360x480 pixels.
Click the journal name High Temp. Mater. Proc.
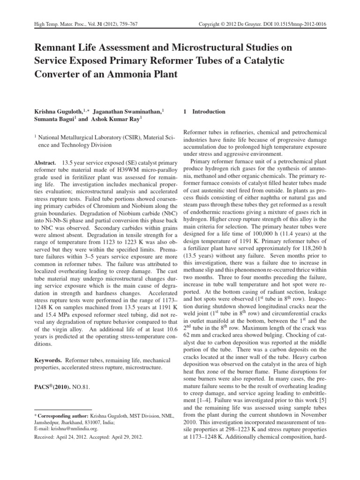(x=56, y=23)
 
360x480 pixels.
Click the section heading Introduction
(x=203, y=112)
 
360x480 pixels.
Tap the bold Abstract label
(x=45, y=161)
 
